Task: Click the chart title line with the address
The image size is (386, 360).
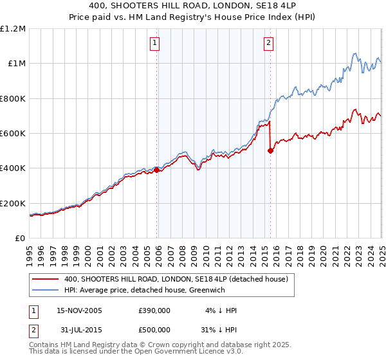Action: pos(193,6)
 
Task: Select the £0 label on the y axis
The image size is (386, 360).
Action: pos(20,239)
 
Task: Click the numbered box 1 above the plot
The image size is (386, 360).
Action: pos(156,43)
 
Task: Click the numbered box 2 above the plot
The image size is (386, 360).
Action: pos(268,43)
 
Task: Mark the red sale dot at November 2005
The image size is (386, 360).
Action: pos(156,170)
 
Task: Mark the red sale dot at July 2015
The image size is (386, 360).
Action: pos(270,151)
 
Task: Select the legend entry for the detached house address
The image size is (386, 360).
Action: pos(179,280)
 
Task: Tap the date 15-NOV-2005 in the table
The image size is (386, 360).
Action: pos(79,310)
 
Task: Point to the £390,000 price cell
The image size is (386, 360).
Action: pos(154,310)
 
